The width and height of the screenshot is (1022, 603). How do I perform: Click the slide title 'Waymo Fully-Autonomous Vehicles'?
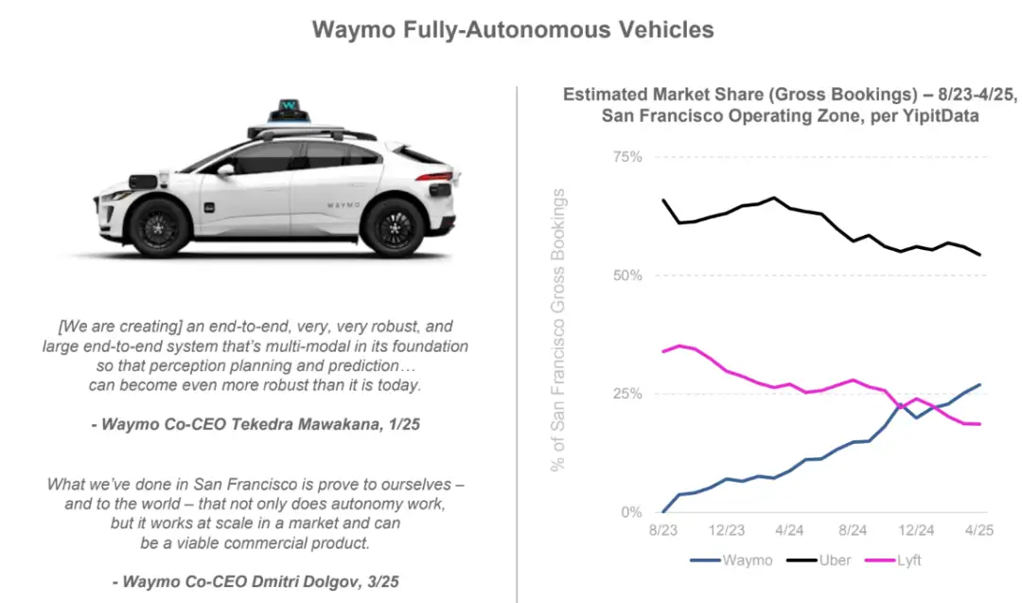(x=512, y=30)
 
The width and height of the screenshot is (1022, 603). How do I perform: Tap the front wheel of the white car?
(x=159, y=228)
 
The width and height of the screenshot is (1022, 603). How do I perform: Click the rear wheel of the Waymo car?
(x=394, y=228)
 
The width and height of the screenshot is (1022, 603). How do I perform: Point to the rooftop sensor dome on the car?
(x=289, y=110)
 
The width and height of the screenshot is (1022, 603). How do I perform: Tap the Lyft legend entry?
(x=906, y=560)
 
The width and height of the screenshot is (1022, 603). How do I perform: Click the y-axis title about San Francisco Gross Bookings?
(x=558, y=330)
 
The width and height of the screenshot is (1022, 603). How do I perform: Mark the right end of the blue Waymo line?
(x=978, y=385)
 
